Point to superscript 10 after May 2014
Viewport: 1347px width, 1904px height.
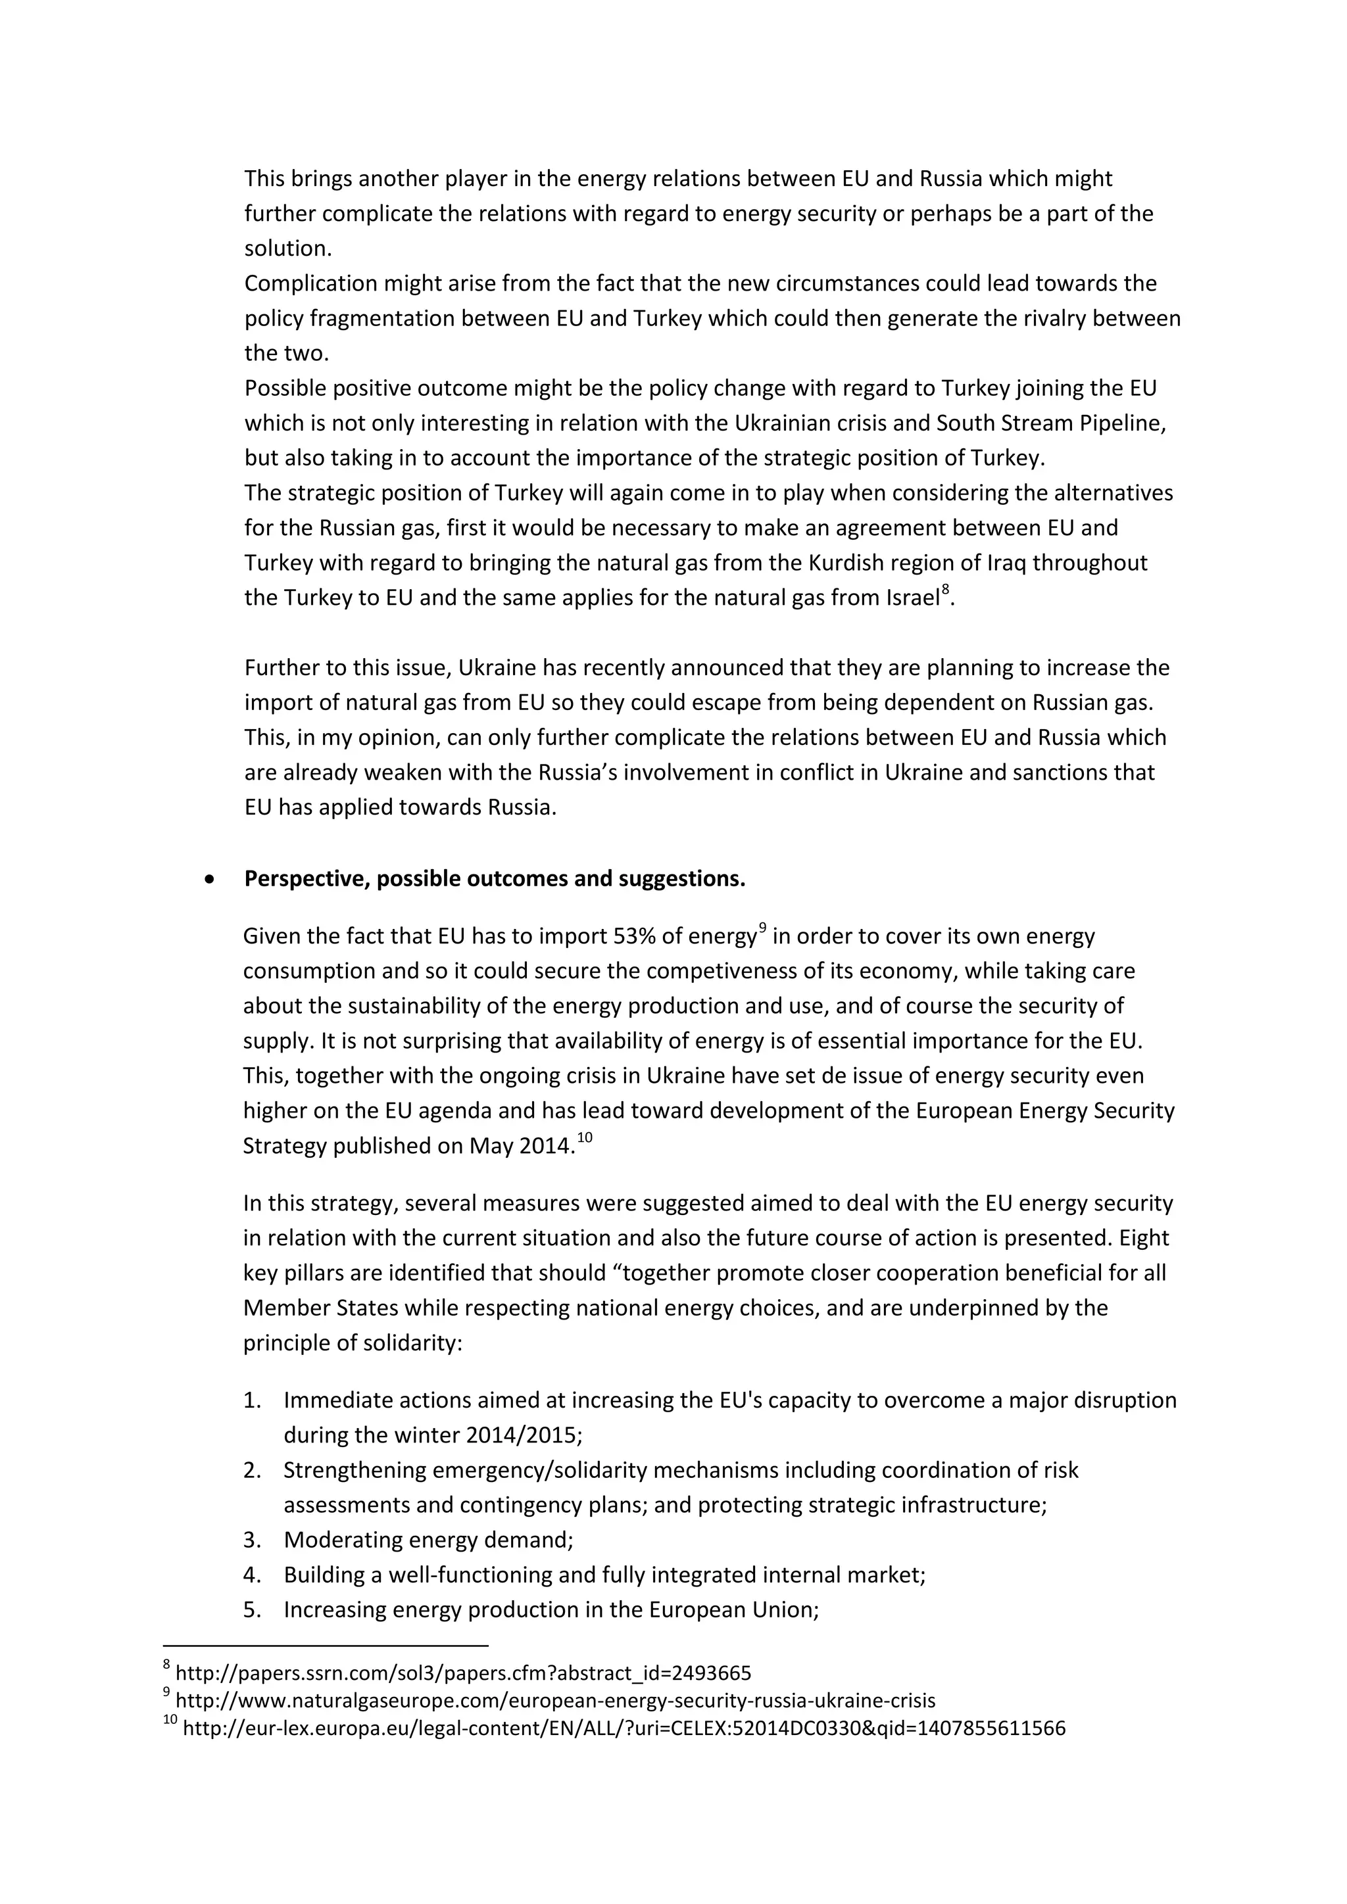click(584, 1138)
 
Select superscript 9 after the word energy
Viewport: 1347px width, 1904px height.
click(762, 929)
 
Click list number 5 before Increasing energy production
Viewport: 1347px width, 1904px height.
click(252, 1609)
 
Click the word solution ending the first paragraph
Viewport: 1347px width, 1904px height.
click(285, 249)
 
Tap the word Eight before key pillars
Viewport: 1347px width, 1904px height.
click(1144, 1238)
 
